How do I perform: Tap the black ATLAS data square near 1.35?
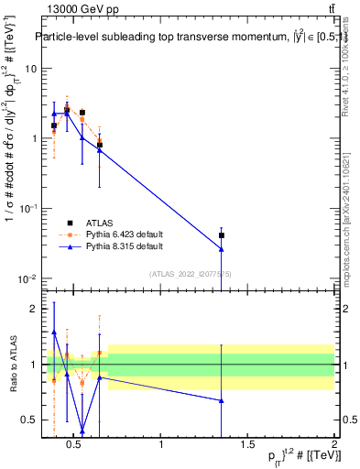[221, 235]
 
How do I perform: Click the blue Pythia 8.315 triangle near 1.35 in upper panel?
[221, 249]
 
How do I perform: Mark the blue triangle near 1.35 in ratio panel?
[221, 400]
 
